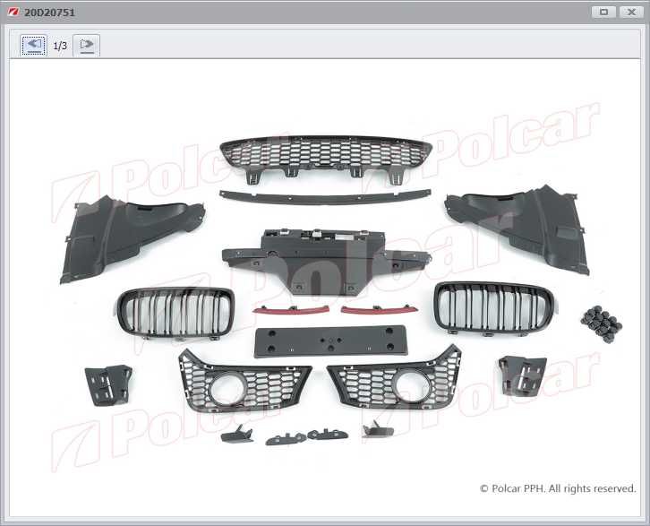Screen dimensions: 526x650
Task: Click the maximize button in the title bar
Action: tap(603, 12)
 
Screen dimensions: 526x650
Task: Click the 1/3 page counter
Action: tap(60, 45)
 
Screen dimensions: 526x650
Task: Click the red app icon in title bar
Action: tap(13, 12)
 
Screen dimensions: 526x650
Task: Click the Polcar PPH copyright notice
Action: tap(558, 488)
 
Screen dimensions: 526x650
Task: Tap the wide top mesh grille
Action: tap(325, 154)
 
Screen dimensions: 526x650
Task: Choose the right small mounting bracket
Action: tap(523, 375)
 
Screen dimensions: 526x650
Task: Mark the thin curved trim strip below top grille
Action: tap(325, 196)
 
